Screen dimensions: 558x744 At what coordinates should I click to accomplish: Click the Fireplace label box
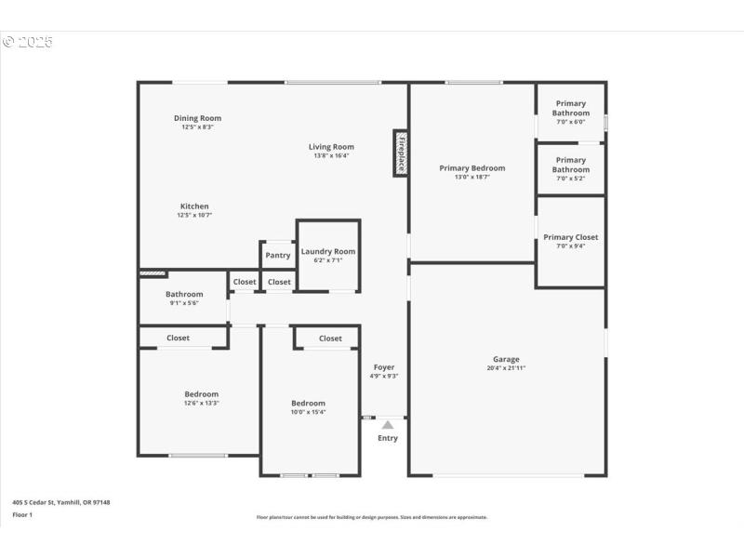401,153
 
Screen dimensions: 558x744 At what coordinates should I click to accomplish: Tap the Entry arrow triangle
388,425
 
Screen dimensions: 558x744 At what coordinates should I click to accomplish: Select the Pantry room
277,255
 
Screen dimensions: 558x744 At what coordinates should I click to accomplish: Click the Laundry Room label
327,251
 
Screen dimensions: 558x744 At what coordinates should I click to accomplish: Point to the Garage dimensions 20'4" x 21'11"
506,367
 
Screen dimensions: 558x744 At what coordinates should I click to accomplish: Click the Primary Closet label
570,237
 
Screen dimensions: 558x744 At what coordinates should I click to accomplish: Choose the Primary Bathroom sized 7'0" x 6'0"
570,108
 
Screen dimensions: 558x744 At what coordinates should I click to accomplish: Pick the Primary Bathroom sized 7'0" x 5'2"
570,165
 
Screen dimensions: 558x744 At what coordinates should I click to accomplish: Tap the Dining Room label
197,118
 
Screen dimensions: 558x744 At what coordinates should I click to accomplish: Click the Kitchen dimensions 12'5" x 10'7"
194,215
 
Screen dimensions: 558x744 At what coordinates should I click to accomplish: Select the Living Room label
331,147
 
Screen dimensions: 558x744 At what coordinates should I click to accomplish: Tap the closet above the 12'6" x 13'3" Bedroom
178,338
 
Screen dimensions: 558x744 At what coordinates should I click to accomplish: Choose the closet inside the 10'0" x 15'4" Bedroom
330,339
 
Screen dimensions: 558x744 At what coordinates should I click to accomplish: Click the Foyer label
384,367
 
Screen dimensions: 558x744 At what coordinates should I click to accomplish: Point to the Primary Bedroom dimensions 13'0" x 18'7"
472,177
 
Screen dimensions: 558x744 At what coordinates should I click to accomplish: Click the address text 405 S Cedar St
61,502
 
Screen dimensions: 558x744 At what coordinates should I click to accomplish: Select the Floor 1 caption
22,514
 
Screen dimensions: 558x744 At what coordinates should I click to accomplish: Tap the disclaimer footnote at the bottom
371,517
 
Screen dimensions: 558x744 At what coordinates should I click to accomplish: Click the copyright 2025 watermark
28,42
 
